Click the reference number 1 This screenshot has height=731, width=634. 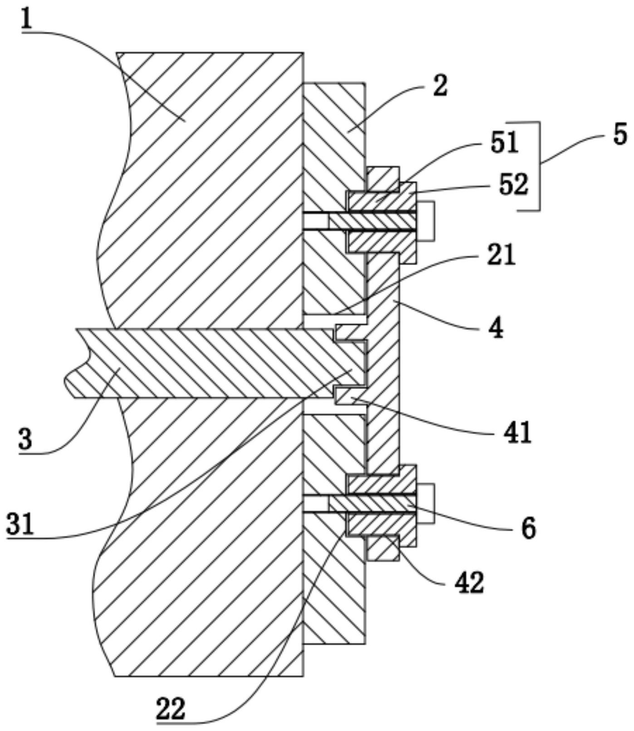tap(27, 17)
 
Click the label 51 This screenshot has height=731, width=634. tap(503, 143)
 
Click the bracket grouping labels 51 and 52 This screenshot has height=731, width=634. tap(539, 166)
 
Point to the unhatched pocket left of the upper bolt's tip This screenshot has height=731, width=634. tap(316, 221)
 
